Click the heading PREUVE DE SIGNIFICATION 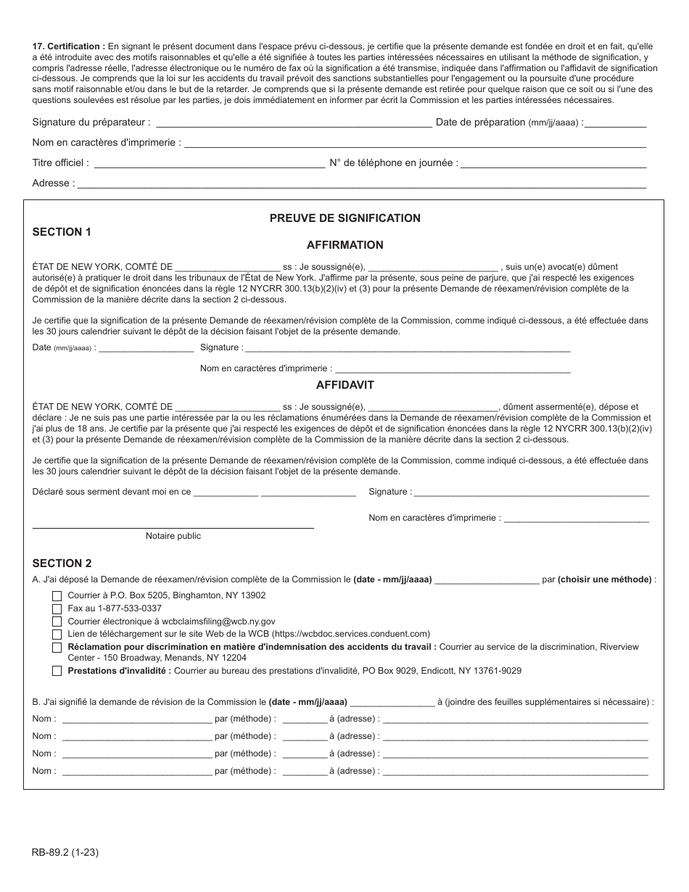pos(344,218)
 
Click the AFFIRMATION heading pos(344,245)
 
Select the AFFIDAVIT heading pos(344,385)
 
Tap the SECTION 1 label pos(62,232)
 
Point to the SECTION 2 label pos(62,563)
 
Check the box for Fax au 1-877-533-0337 pos(57,608)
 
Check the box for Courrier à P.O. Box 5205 pos(57,595)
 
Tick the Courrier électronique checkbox pos(57,621)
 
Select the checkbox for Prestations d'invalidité pos(57,672)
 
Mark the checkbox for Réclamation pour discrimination pos(57,648)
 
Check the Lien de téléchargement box pos(57,635)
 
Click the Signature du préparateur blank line pos(293,124)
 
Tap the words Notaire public pos(173,536)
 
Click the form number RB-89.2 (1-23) pos(65,853)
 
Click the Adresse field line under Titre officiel pos(361,185)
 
